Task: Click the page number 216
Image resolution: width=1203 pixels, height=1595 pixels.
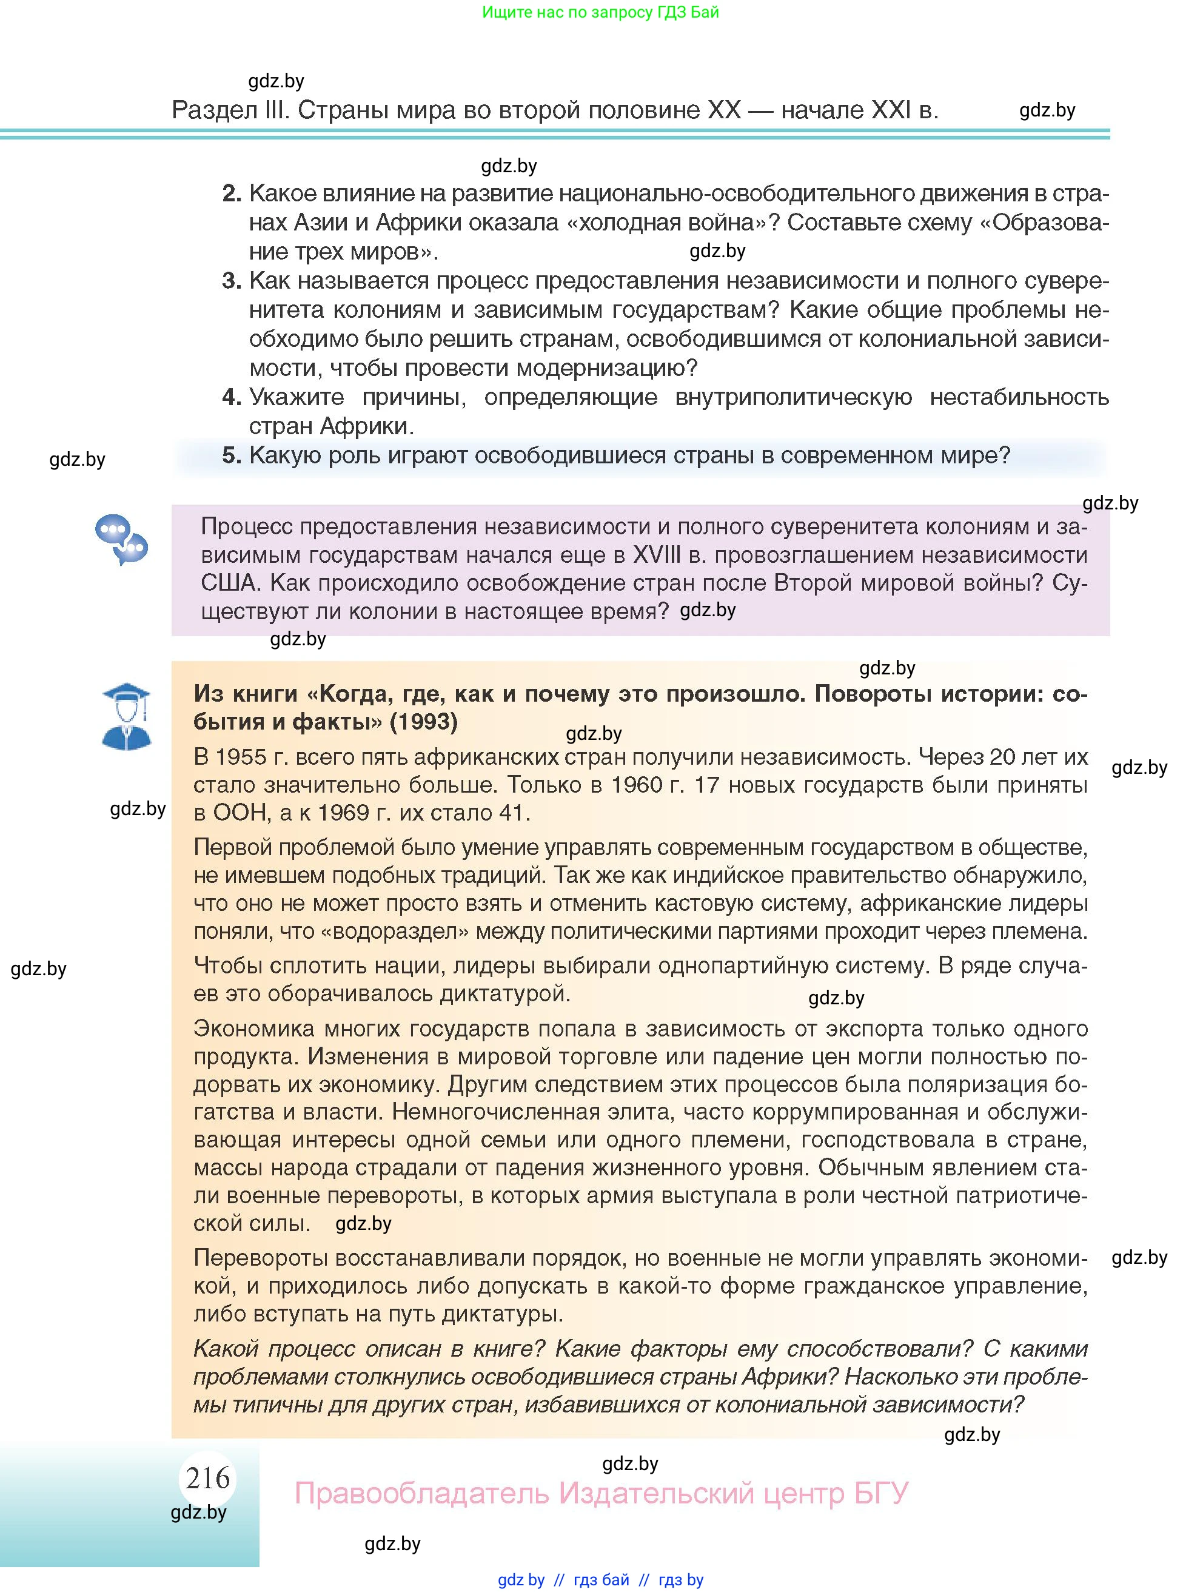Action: coord(207,1478)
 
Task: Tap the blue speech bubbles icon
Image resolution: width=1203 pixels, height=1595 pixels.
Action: coord(121,539)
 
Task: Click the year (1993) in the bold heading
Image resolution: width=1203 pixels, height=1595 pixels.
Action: coord(423,721)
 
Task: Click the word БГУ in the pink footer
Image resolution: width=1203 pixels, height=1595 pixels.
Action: coord(881,1493)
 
